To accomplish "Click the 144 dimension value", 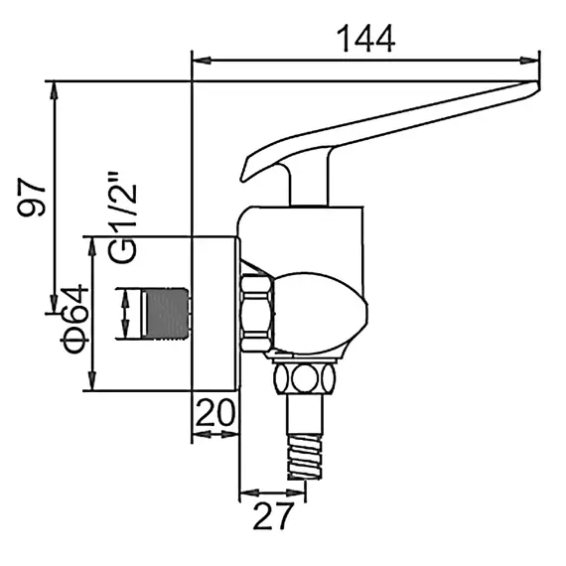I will (x=364, y=39).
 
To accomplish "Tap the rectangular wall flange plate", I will (x=214, y=313).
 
